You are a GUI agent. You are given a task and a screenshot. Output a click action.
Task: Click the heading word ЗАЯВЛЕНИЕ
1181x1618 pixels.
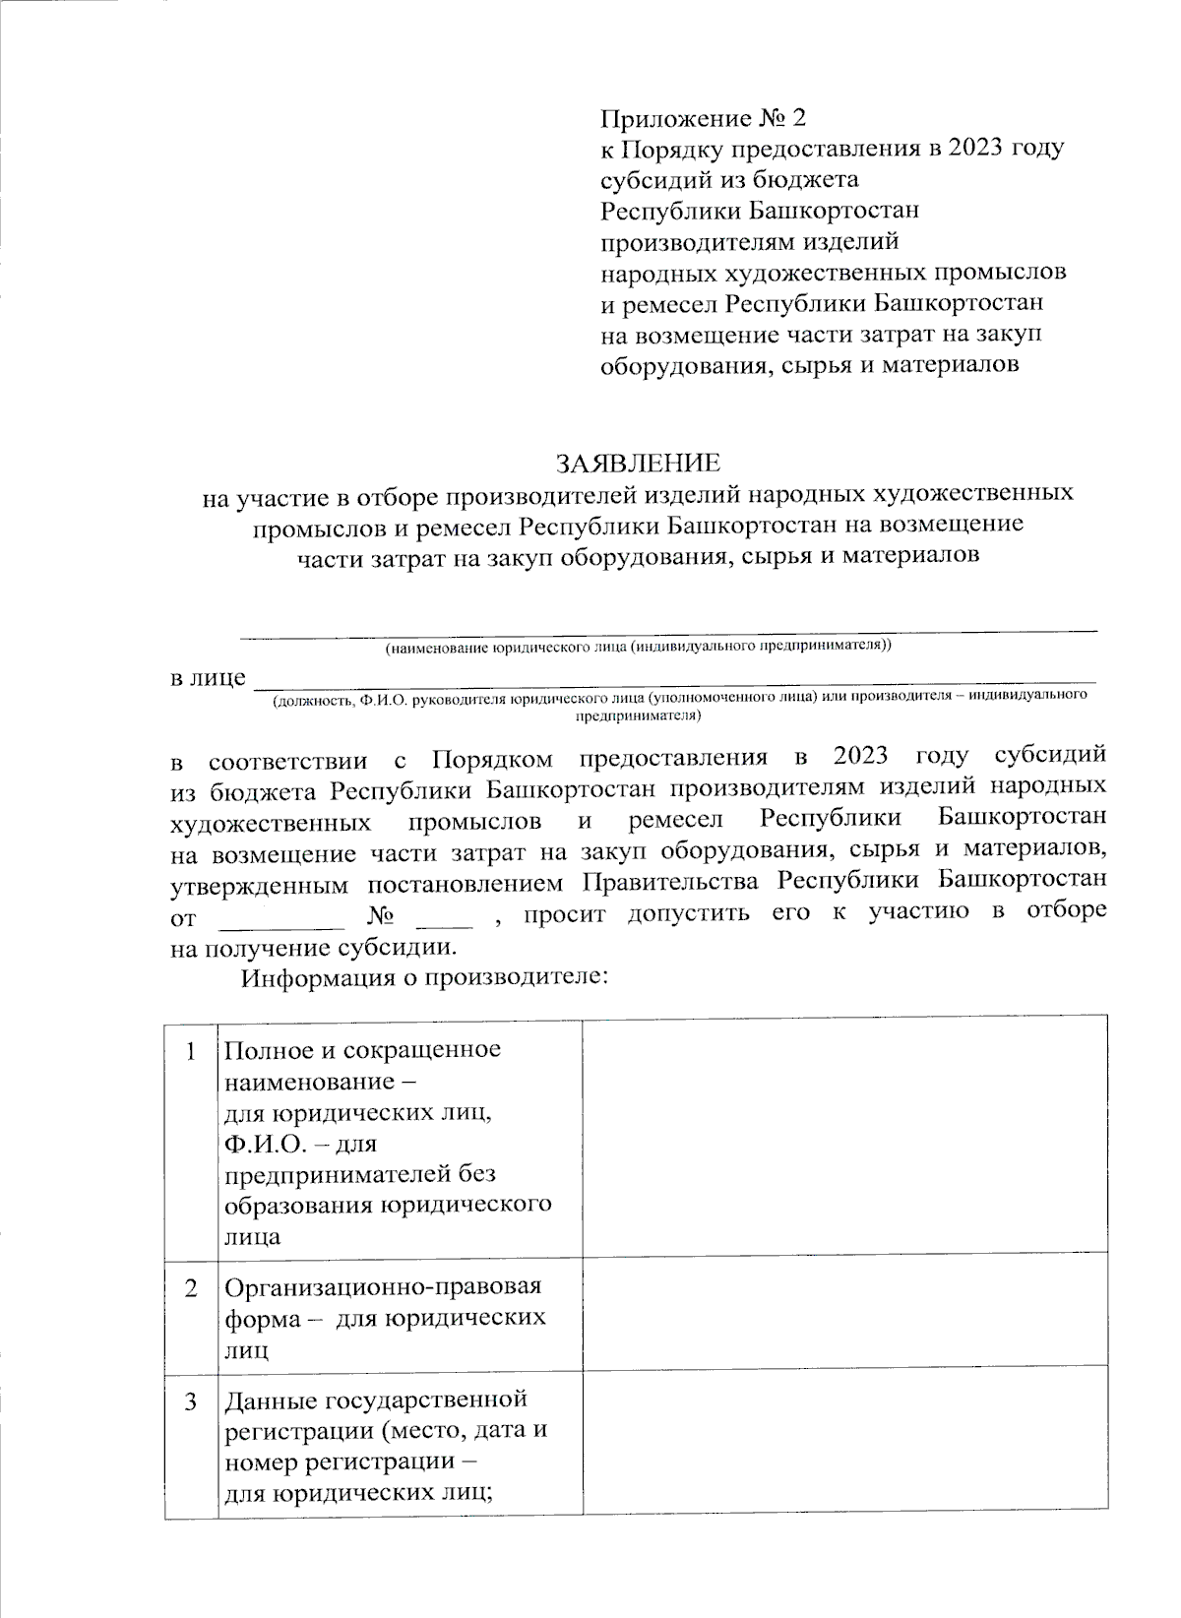click(638, 463)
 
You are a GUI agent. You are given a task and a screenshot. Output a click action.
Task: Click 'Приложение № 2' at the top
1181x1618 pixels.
click(703, 119)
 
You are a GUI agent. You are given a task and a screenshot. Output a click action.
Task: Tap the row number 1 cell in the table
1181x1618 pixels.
click(189, 1050)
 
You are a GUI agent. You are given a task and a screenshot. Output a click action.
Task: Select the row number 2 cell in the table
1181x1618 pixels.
click(189, 1287)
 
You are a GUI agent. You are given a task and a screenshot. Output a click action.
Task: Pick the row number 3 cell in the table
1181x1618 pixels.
click(189, 1400)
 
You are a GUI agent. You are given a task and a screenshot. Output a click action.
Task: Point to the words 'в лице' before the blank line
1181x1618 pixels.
click(208, 678)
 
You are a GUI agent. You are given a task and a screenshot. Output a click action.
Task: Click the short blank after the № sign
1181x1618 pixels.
click(445, 919)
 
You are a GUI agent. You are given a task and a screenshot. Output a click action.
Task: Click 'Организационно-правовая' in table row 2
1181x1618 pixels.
click(383, 1286)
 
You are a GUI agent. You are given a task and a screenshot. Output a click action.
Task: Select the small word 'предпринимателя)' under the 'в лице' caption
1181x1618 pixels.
click(638, 716)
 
